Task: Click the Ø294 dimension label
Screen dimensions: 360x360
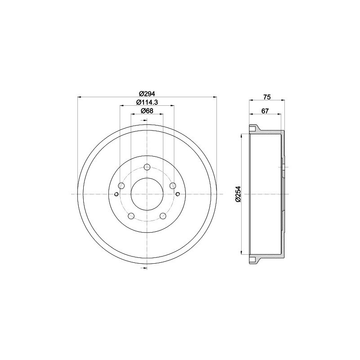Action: pos(147,94)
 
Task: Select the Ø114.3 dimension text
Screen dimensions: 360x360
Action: pos(147,102)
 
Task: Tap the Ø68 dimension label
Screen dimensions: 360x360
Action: pos(147,111)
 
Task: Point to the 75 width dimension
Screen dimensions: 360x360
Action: pos(267,97)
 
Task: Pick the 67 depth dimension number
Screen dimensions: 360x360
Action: pos(265,111)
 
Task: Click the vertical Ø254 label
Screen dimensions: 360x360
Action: pos(238,194)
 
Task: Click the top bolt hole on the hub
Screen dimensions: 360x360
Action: pos(147,167)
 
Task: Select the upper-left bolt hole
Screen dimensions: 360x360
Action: pos(121,186)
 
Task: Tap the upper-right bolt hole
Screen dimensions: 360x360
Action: pos(173,185)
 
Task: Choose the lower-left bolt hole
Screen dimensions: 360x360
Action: pos(131,216)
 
